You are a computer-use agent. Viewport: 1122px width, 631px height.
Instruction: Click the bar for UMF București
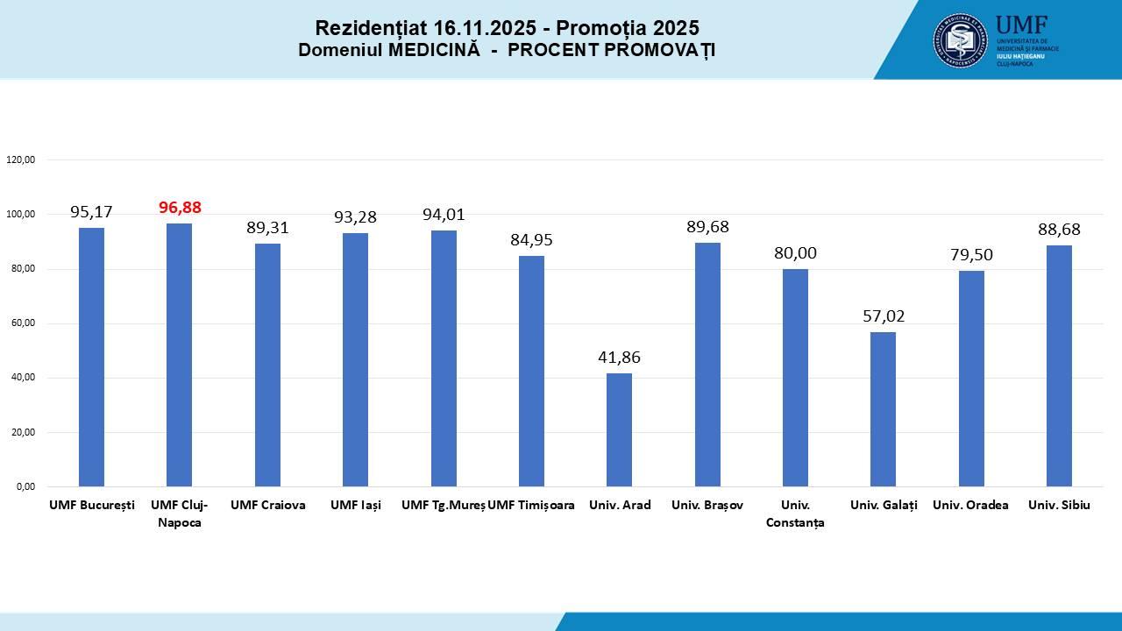91,357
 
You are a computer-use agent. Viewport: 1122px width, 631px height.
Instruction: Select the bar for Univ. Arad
619,429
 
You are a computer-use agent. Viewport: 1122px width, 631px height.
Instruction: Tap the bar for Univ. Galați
883,409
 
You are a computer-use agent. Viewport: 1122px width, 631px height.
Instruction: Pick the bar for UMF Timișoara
531,371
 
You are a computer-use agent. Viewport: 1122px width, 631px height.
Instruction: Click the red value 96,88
180,208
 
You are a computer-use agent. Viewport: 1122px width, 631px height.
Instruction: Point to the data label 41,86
619,358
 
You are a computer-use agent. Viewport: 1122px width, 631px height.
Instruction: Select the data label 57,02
883,316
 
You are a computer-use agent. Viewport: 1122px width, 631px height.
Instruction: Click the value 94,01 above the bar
444,215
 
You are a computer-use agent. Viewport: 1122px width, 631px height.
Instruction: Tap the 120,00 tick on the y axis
20,160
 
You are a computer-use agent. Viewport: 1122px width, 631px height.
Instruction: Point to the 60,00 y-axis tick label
21,323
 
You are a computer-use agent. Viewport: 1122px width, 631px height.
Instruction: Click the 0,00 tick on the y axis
24,486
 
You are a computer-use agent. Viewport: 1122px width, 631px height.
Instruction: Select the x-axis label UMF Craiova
267,506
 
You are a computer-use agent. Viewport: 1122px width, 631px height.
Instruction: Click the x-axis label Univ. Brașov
707,506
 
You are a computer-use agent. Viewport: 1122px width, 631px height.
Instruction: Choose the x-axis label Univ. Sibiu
1059,506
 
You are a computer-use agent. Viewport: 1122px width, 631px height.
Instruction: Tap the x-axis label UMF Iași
355,506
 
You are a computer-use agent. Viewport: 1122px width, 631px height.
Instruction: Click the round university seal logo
961,40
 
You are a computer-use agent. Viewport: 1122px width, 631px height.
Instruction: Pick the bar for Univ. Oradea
971,379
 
